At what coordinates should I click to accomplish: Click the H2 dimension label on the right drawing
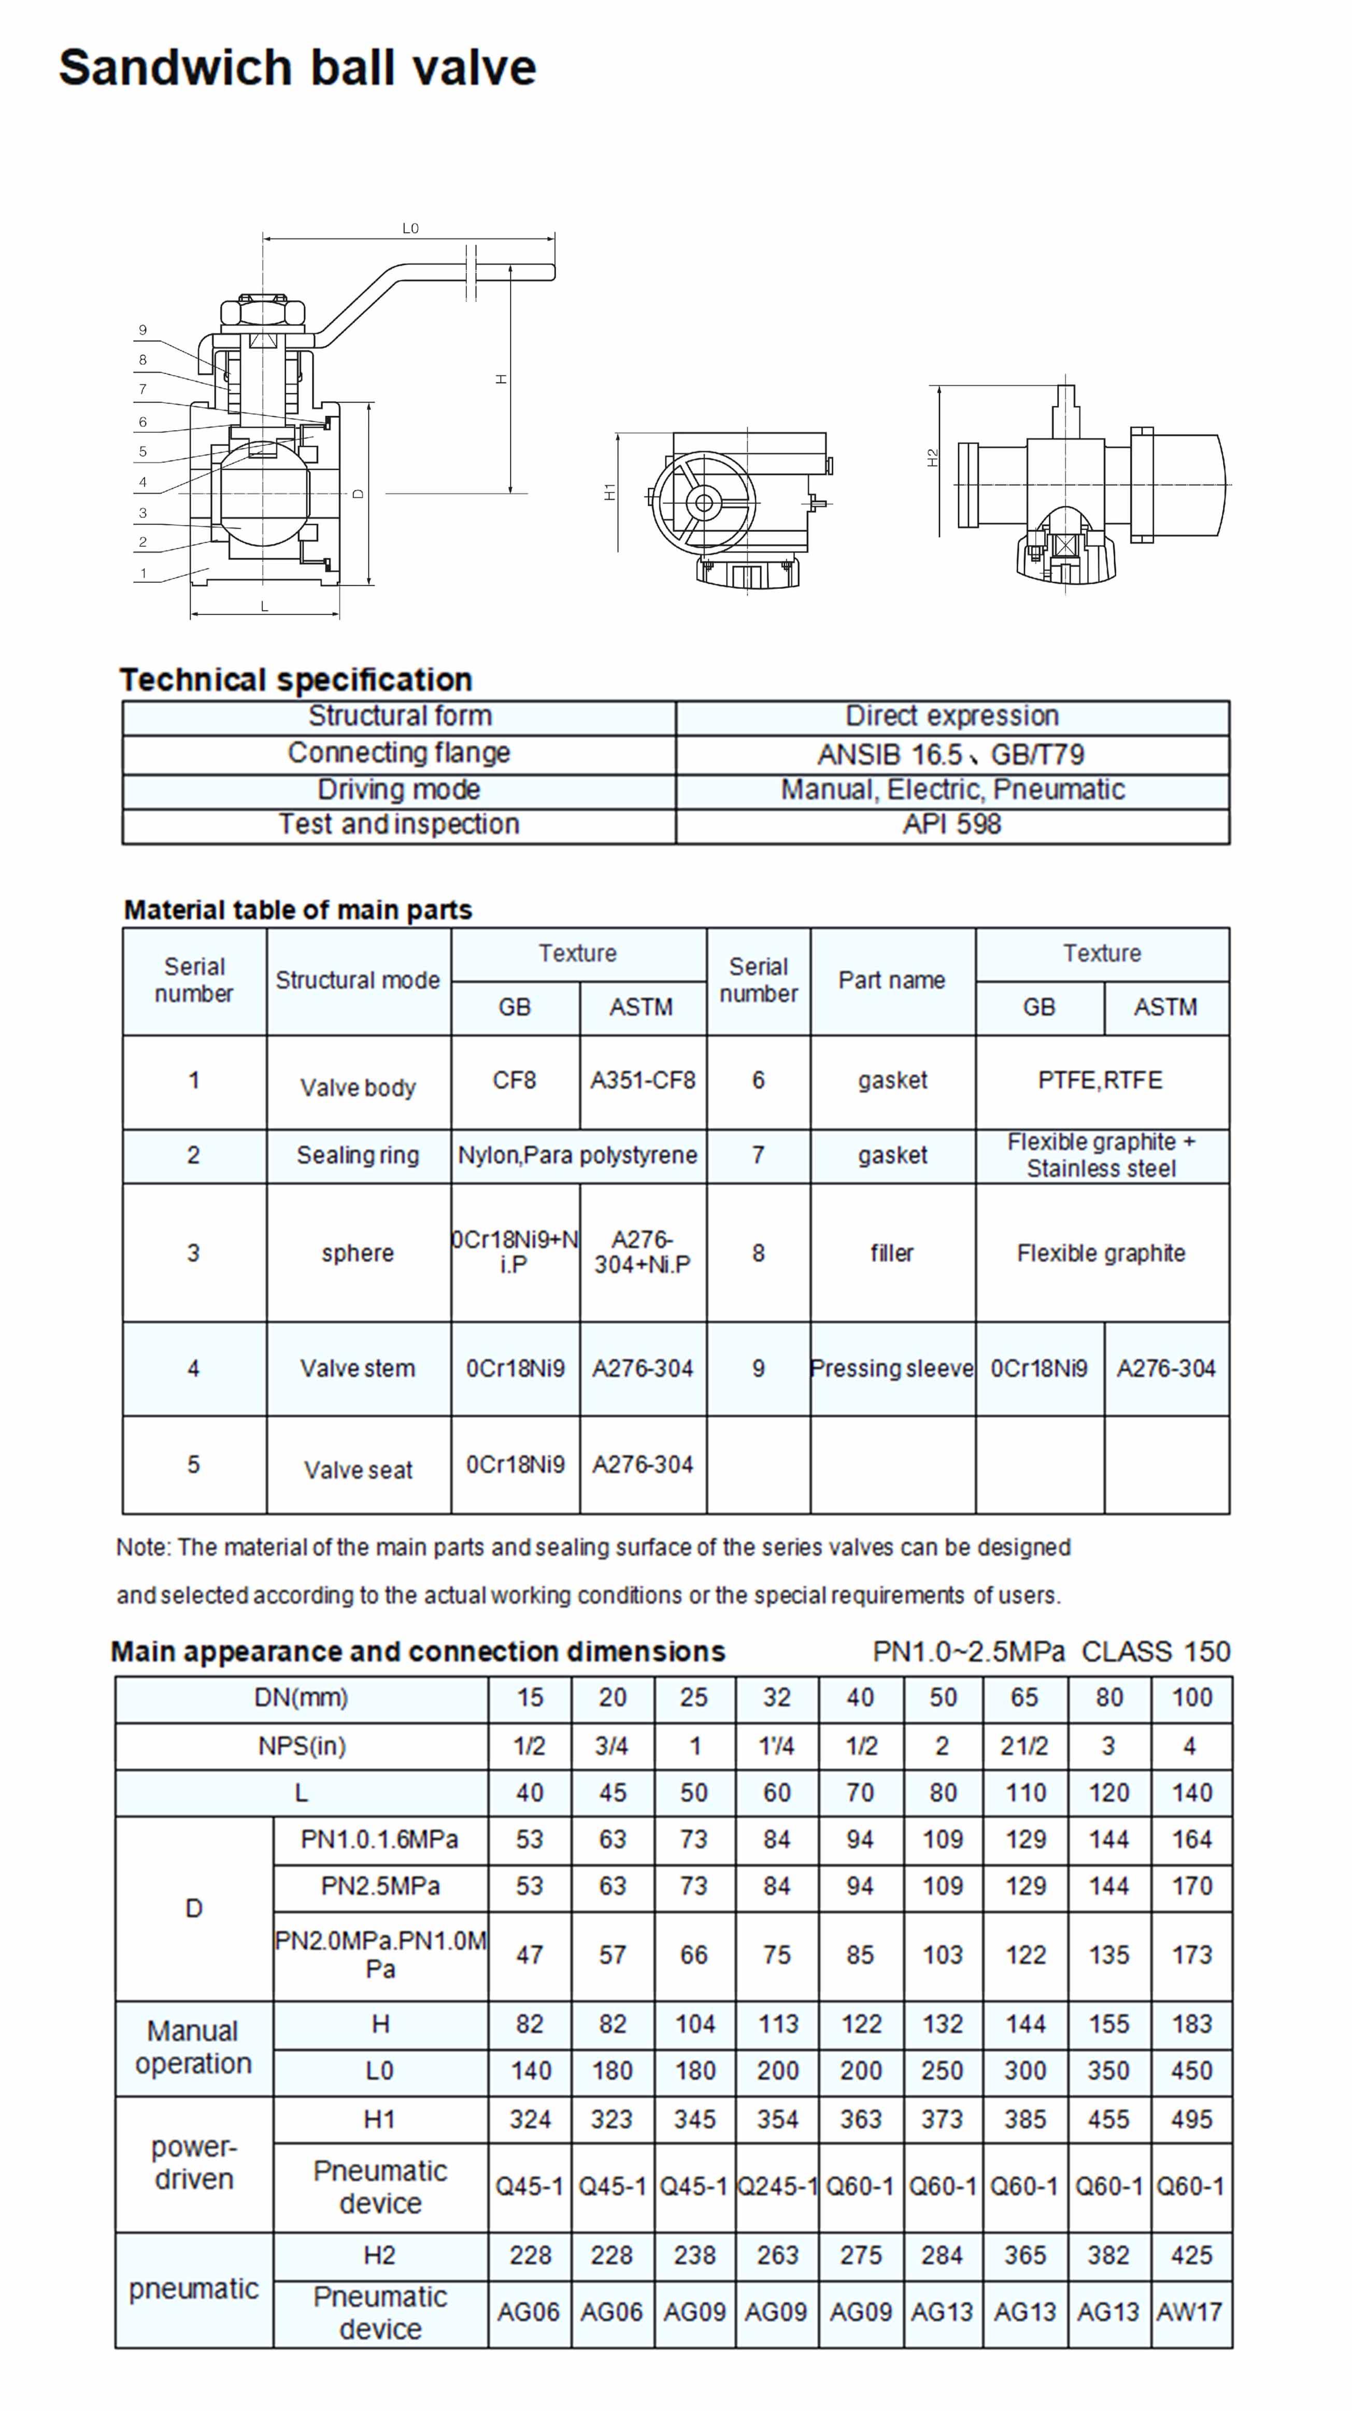(932, 459)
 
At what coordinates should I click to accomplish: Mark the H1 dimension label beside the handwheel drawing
(610, 491)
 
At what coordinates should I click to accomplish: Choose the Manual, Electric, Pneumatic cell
(952, 790)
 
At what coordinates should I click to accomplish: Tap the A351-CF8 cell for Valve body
(643, 1080)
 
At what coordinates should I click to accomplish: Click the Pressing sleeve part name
(892, 1369)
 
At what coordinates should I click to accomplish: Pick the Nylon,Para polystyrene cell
(577, 1155)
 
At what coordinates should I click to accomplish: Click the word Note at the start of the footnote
(142, 1547)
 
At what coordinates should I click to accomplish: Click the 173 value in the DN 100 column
(1191, 1955)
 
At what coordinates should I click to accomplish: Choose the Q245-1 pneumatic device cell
(777, 2187)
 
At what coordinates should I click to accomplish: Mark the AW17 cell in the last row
(1189, 2312)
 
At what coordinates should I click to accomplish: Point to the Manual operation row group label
(194, 2047)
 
